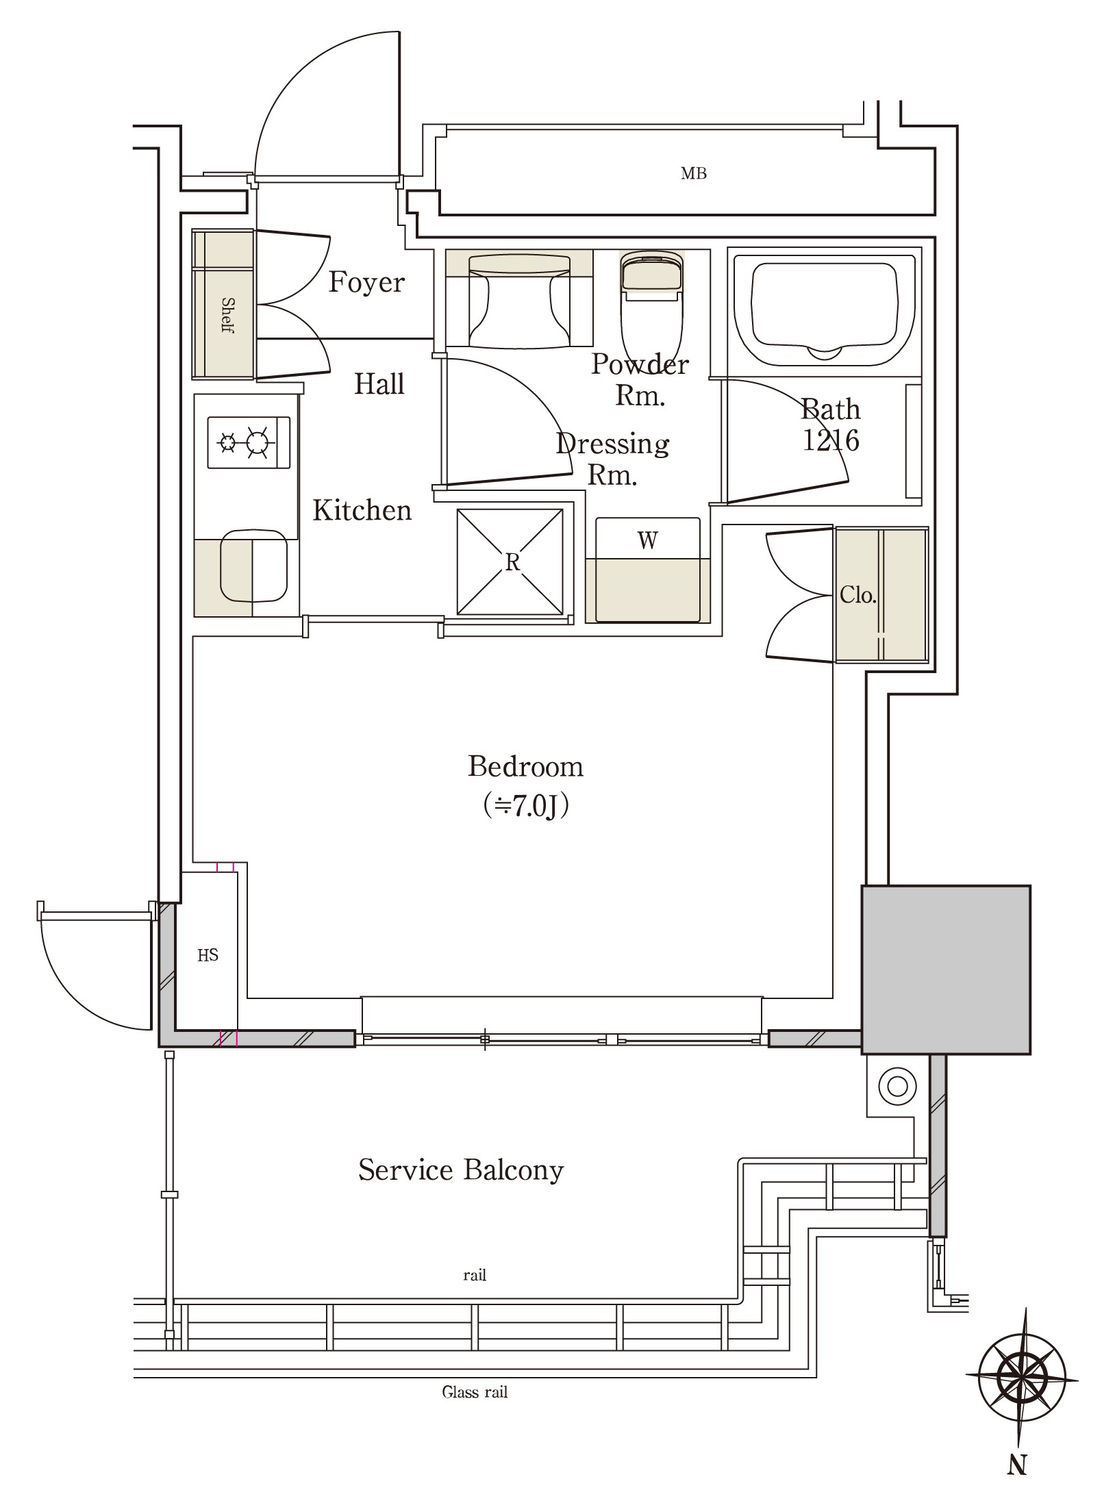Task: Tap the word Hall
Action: click(379, 384)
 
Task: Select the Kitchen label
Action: click(362, 510)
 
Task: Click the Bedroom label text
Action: click(525, 766)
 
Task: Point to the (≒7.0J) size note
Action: click(525, 806)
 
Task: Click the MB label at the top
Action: click(694, 174)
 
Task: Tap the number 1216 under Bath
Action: click(830, 440)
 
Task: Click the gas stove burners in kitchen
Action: click(249, 442)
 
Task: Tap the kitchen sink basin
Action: click(253, 566)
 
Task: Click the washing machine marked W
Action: click(648, 570)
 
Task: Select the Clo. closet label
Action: click(857, 594)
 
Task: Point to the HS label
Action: click(208, 955)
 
